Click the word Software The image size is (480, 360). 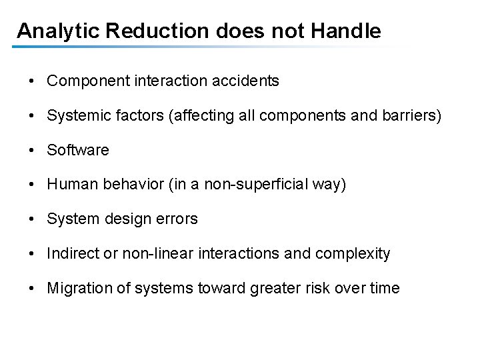tap(78, 151)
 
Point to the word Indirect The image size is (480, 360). tap(71, 254)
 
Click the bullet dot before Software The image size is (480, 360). tap(33, 151)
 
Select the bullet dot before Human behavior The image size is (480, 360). tap(33, 185)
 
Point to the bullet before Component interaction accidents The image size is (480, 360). tap(33, 81)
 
